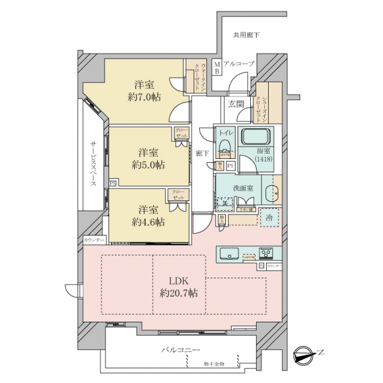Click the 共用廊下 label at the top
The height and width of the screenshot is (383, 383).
point(246,35)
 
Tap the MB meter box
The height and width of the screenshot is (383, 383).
point(217,67)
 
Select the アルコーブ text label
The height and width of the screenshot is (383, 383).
point(240,64)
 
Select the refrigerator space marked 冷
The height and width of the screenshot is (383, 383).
point(270,217)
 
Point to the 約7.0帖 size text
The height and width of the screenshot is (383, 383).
point(144,97)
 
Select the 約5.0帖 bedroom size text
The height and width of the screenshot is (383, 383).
point(148,165)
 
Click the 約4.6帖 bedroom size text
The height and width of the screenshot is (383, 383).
point(148,222)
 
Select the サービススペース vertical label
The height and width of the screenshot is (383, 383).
point(93,163)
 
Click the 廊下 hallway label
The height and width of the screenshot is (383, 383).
point(202,154)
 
